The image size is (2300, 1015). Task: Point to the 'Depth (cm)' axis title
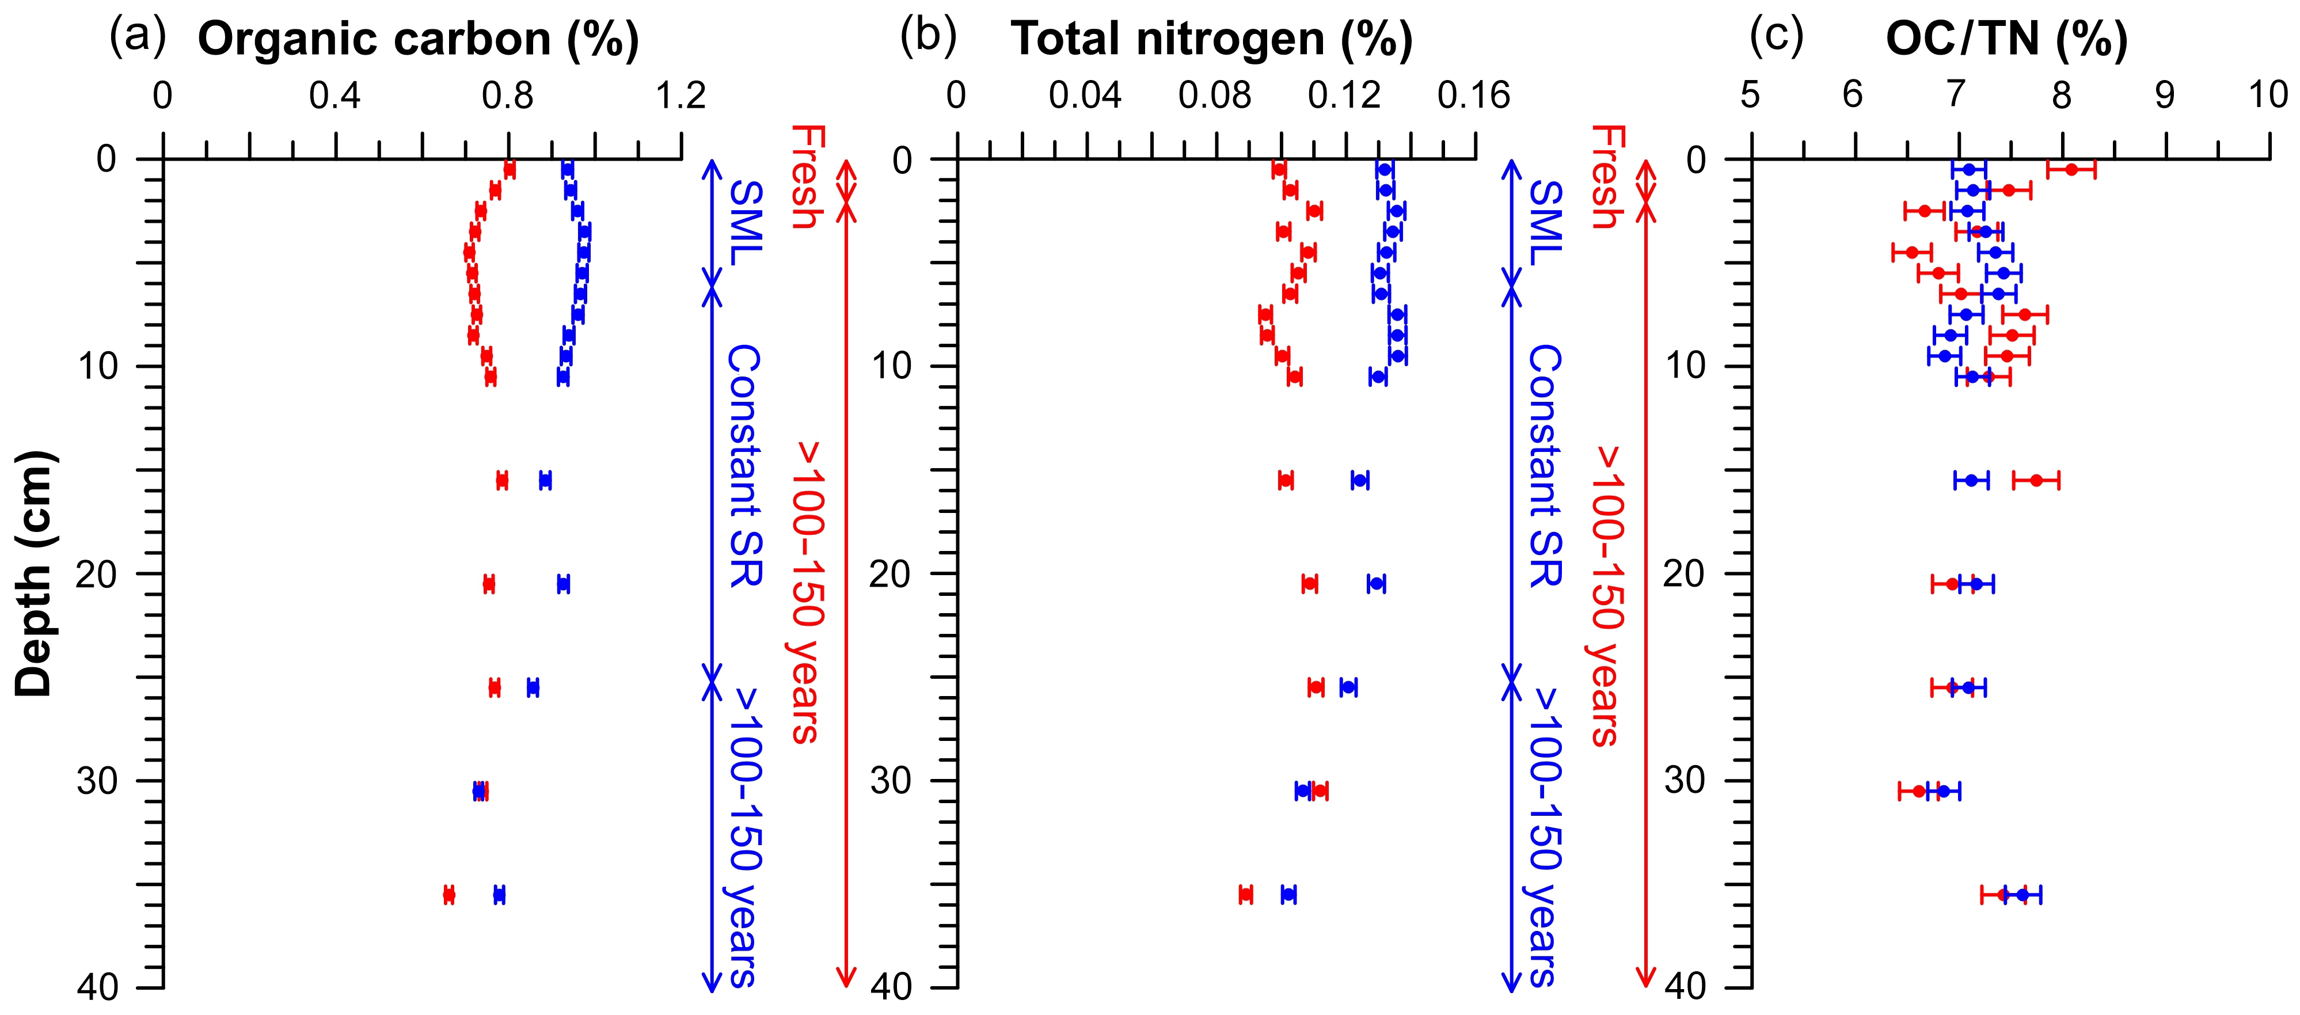[36, 573]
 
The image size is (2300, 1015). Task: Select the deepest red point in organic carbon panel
[449, 895]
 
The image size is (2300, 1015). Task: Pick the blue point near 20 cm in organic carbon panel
[562, 584]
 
